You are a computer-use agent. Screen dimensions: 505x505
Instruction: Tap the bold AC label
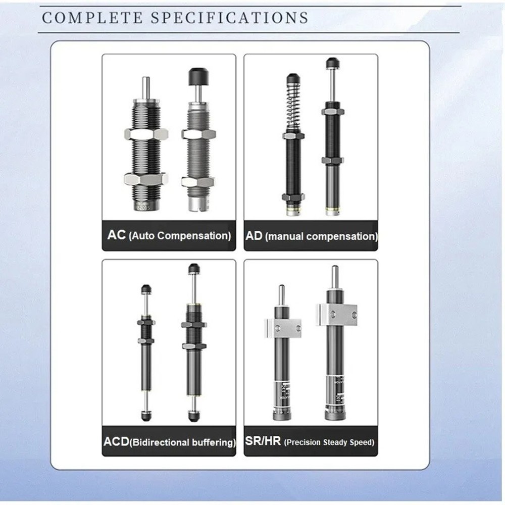[117, 235]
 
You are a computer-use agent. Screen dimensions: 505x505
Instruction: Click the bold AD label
[255, 235]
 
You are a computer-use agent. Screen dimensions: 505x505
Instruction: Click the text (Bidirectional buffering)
[183, 443]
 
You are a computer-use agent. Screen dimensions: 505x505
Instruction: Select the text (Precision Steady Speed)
[330, 442]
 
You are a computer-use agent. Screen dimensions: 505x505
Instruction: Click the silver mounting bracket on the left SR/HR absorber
[282, 328]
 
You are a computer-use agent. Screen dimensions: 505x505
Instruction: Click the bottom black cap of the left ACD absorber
[146, 416]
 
